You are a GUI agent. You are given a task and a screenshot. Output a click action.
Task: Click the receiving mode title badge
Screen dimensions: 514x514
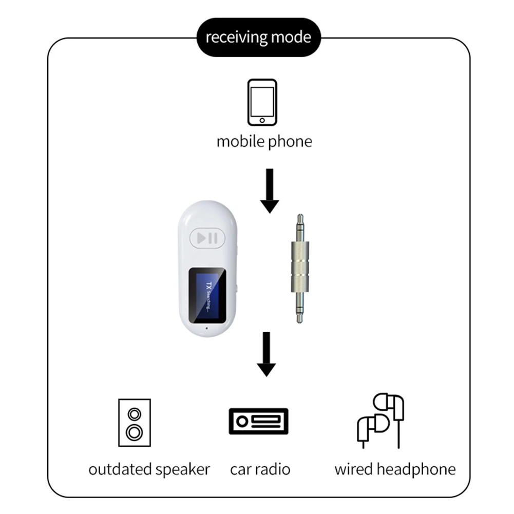tap(258, 37)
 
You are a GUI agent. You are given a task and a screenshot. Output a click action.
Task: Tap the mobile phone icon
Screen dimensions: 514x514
tap(262, 102)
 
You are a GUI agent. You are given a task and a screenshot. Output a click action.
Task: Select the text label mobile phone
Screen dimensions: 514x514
tap(264, 142)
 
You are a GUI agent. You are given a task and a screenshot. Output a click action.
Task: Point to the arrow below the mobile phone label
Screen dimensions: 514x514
tap(270, 191)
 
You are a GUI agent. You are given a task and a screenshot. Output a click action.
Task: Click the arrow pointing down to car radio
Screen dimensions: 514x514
tap(266, 355)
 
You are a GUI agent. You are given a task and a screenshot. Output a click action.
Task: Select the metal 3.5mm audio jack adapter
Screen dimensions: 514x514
tap(300, 269)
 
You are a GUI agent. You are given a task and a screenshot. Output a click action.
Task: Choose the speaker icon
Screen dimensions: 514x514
tap(135, 422)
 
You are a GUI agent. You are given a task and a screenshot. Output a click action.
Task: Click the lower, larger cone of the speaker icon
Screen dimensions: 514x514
tap(135, 432)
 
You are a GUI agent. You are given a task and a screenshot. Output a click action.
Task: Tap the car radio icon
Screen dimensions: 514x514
tap(258, 422)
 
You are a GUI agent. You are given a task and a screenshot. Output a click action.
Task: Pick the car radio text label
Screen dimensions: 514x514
tap(260, 469)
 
